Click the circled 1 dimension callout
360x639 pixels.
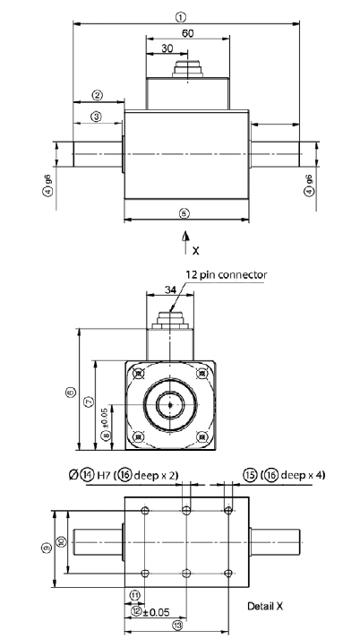pos(181,17)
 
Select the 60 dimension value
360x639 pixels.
pos(187,32)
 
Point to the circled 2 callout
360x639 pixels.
pos(97,95)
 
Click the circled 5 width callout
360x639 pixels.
pos(184,213)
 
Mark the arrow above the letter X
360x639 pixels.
pos(185,236)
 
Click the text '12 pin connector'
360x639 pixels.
pos(227,275)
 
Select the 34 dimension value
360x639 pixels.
pos(172,289)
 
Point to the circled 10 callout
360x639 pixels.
pos(60,541)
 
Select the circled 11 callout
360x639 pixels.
pos(134,593)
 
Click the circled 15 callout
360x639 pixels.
pos(251,474)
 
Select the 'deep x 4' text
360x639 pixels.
pos(298,474)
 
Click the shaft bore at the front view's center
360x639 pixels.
pos(168,404)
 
